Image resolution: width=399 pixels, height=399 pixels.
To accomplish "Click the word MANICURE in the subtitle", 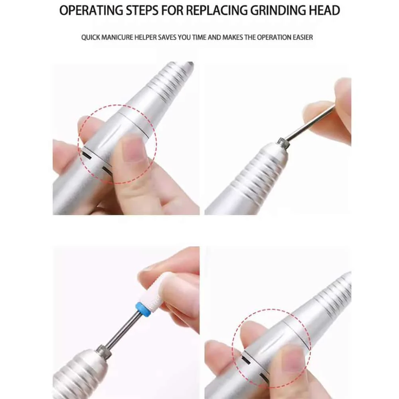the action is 117,38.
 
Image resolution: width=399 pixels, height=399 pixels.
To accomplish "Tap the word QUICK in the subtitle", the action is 91,38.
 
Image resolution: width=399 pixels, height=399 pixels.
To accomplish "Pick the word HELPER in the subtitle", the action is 146,38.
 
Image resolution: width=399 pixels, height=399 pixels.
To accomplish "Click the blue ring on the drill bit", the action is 143,309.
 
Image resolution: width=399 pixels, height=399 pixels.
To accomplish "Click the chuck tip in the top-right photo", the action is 284,143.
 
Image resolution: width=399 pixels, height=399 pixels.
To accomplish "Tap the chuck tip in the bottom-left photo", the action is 104,352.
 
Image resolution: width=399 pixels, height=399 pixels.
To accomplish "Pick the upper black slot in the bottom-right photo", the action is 246,360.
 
